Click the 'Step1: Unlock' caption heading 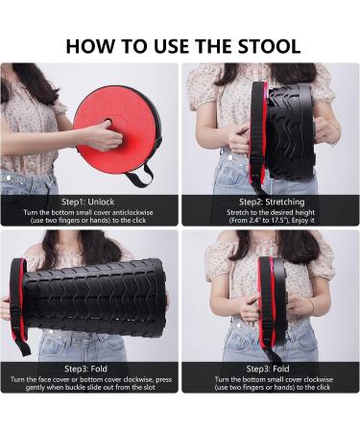click(x=87, y=202)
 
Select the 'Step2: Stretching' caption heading click(x=272, y=202)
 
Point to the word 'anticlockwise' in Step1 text click(x=132, y=212)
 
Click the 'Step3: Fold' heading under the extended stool click(x=85, y=369)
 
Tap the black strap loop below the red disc click(x=140, y=176)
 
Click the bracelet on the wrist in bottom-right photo click(x=311, y=305)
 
